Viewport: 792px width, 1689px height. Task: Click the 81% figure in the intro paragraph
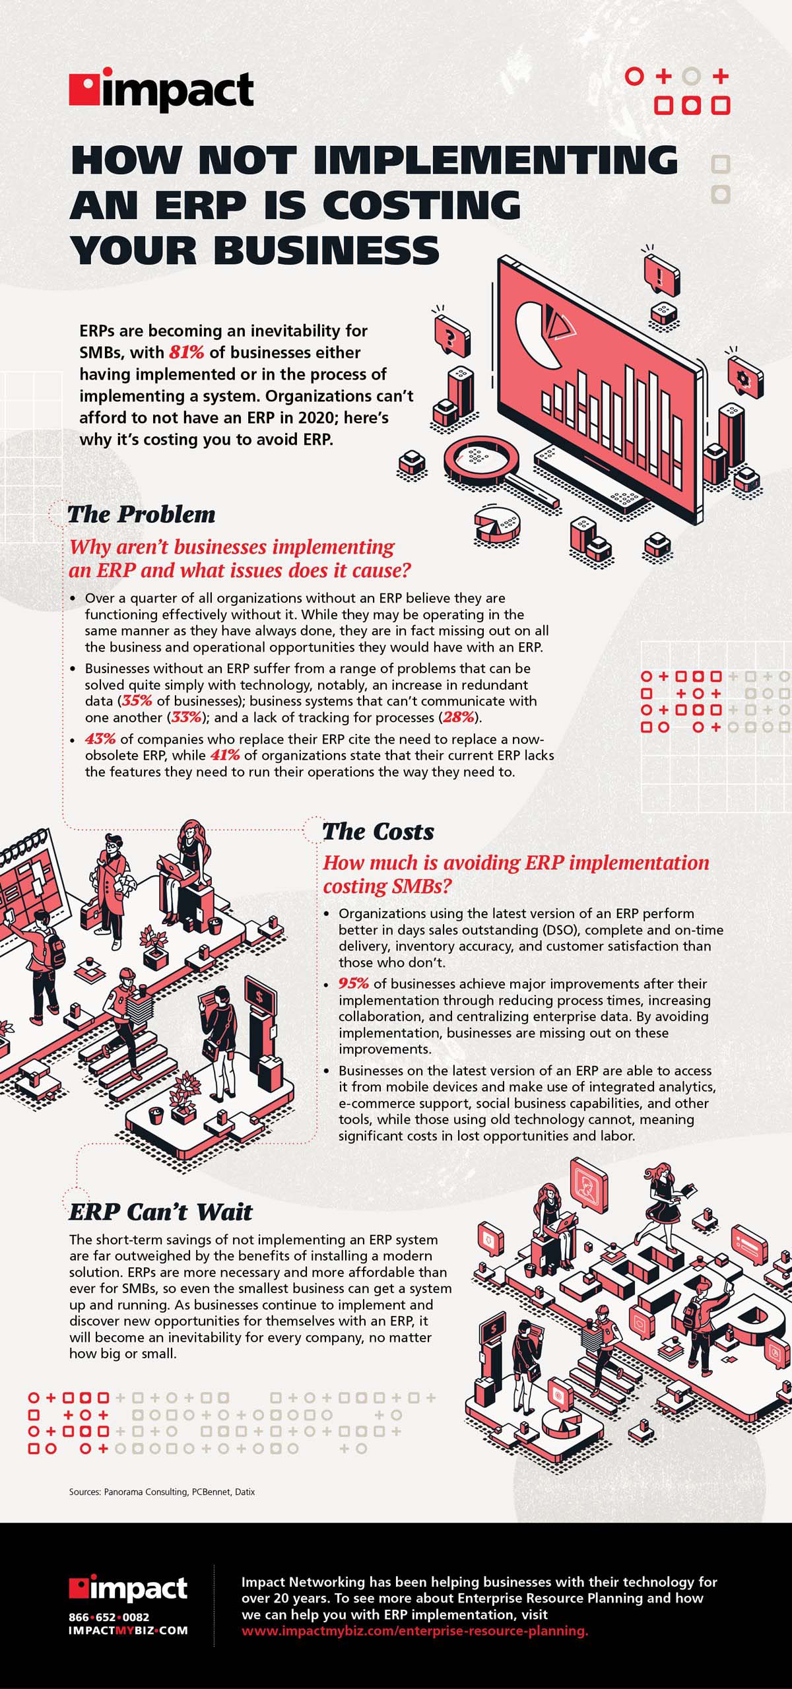pyautogui.click(x=186, y=352)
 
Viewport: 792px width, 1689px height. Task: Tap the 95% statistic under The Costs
pyautogui.click(x=353, y=983)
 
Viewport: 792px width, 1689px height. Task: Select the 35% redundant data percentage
pyautogui.click(x=137, y=701)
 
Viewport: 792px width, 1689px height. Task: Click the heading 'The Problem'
pyautogui.click(x=141, y=515)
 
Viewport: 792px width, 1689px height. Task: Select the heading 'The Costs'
pyautogui.click(x=378, y=832)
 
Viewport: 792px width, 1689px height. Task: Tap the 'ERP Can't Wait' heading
pyautogui.click(x=160, y=1212)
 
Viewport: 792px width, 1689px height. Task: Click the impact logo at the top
pyautogui.click(x=162, y=90)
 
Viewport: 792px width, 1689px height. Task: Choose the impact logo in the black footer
pyautogui.click(x=128, y=1589)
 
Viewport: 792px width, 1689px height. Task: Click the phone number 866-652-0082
pyautogui.click(x=109, y=1617)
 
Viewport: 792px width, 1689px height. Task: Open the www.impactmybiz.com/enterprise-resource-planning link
pyautogui.click(x=414, y=1630)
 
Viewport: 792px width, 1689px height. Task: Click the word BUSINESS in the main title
pyautogui.click(x=326, y=251)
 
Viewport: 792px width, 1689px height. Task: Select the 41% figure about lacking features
pyautogui.click(x=225, y=755)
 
